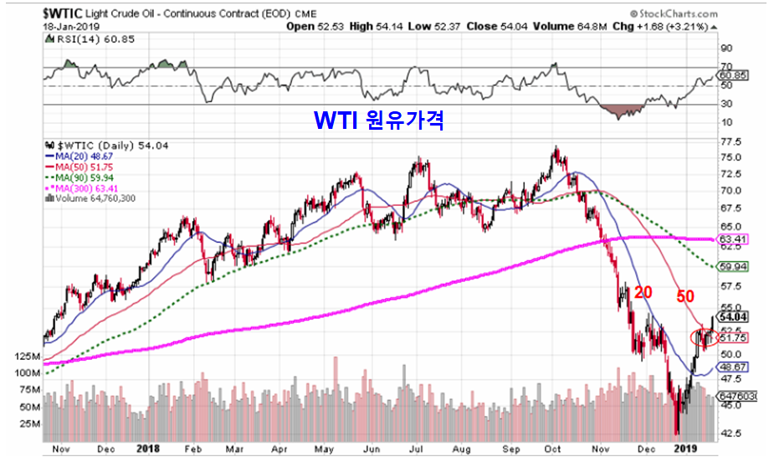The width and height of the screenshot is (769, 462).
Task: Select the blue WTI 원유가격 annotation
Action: (x=377, y=121)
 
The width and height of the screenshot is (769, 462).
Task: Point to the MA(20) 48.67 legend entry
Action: (x=79, y=157)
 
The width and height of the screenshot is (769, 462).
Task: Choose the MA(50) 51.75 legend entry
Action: (x=79, y=167)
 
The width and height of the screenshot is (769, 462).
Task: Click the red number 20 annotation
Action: (x=643, y=292)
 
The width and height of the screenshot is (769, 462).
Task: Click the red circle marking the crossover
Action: (x=704, y=337)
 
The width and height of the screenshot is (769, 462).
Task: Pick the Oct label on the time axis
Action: (x=552, y=448)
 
